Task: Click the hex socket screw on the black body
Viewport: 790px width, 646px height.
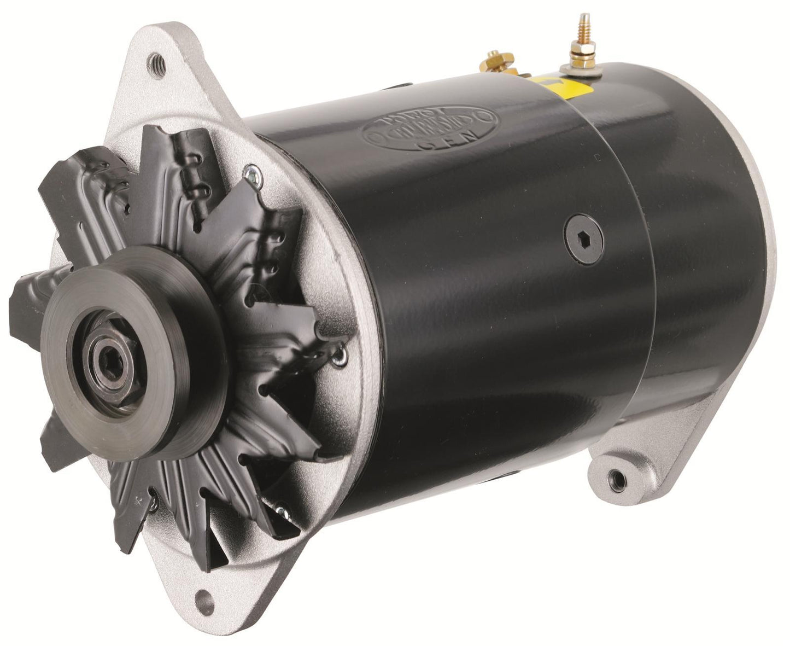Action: coord(586,239)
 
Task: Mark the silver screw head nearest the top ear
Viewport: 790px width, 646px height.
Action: coord(253,173)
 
